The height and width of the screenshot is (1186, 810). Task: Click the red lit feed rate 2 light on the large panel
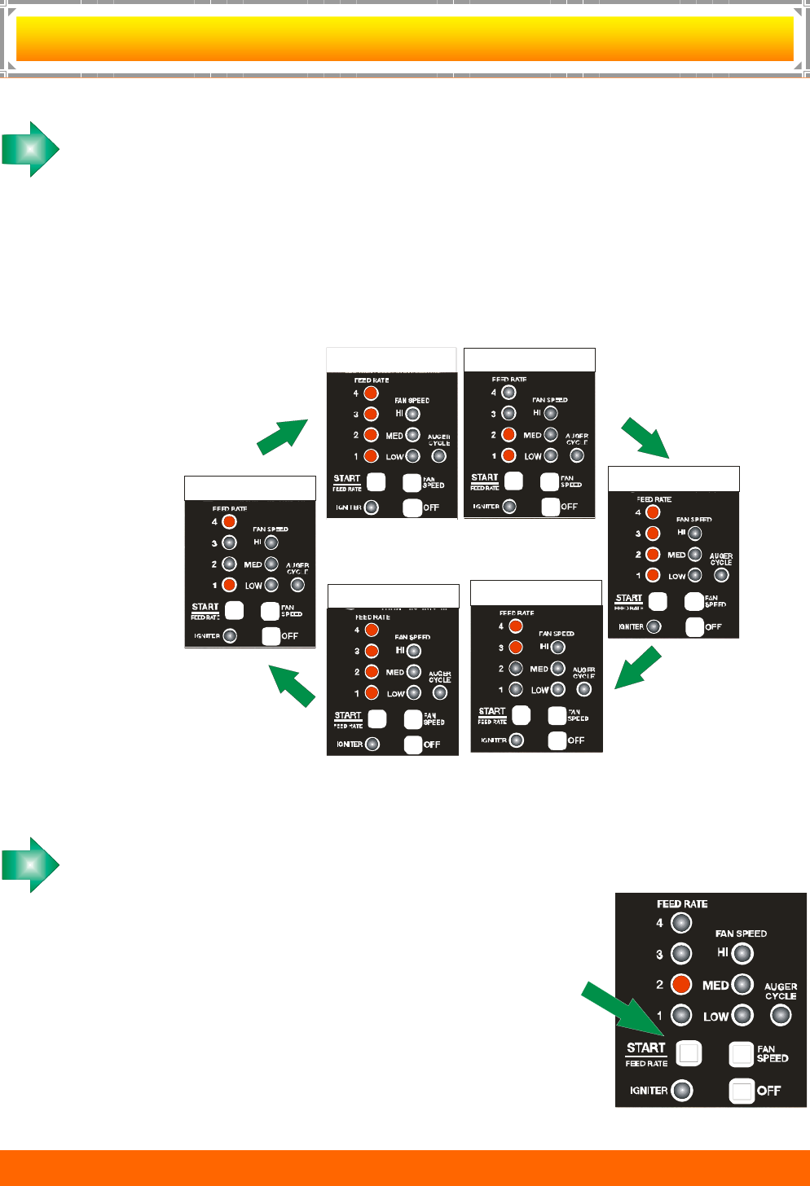click(681, 984)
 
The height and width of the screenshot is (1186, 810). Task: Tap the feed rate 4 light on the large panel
click(681, 923)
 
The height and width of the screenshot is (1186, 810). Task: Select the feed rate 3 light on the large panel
click(681, 953)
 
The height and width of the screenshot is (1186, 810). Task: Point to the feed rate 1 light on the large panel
click(681, 1015)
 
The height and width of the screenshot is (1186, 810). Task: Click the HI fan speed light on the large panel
click(742, 953)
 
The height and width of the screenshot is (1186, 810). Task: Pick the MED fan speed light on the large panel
click(742, 984)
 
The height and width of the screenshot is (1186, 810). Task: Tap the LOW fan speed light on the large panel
click(742, 1015)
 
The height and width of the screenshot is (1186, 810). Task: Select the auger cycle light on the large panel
click(781, 1015)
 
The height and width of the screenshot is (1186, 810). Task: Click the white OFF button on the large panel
click(742, 1091)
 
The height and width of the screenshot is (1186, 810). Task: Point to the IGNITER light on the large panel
click(682, 1090)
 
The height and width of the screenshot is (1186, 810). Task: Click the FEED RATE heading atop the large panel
click(682, 904)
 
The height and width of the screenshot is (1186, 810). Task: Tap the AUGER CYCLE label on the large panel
click(781, 991)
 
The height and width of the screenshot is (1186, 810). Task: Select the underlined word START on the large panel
click(646, 1048)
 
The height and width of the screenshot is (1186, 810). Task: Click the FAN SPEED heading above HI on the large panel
click(741, 933)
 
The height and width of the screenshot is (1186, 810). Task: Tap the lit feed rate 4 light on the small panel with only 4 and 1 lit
click(230, 521)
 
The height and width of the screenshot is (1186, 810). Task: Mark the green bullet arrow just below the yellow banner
click(31, 149)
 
